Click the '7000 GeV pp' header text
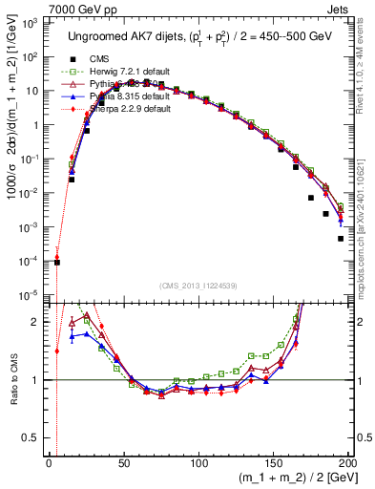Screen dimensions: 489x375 (38, 8)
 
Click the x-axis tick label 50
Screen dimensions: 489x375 (124, 461)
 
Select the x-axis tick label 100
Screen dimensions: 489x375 (198, 461)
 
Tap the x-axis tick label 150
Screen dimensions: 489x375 (273, 461)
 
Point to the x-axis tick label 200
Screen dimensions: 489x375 (347, 461)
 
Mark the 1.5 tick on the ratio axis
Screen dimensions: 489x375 (37, 351)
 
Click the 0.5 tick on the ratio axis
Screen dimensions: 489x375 (37, 410)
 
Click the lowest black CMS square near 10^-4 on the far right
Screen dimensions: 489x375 (341, 239)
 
